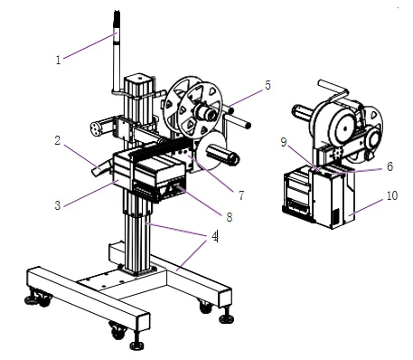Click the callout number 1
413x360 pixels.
[x=58, y=60]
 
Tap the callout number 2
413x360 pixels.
[x=58, y=140]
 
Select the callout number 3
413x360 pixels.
[x=58, y=205]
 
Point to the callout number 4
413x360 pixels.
[x=215, y=236]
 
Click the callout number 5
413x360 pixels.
[x=268, y=85]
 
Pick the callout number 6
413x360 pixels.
[x=390, y=166]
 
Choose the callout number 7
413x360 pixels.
[x=241, y=195]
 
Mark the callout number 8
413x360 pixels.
[x=230, y=217]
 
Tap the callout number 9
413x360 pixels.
[x=284, y=142]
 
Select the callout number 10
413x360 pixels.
[x=392, y=195]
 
